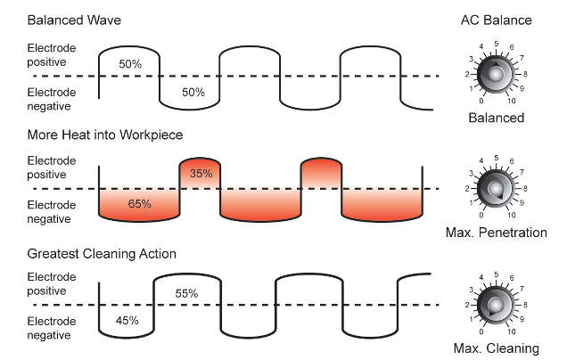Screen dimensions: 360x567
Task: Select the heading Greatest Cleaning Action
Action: pyautogui.click(x=101, y=254)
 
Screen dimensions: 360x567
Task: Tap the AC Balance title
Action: pyautogui.click(x=496, y=19)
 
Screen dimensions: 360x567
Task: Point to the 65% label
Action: pyautogui.click(x=140, y=204)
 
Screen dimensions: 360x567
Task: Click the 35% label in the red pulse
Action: pyautogui.click(x=201, y=173)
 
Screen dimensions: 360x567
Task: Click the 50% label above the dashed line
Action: pyautogui.click(x=130, y=65)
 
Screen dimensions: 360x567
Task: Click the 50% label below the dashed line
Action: pyautogui.click(x=193, y=92)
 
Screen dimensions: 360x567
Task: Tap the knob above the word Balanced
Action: pyautogui.click(x=496, y=74)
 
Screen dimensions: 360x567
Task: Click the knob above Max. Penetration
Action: pyautogui.click(x=496, y=189)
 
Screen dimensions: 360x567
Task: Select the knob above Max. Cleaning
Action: pyautogui.click(x=496, y=305)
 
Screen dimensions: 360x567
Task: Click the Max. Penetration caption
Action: pyautogui.click(x=496, y=233)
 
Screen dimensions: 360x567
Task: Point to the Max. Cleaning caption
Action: pyautogui.click(x=496, y=348)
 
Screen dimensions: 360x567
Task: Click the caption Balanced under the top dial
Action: pyautogui.click(x=496, y=117)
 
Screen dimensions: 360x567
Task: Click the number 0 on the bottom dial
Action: pyautogui.click(x=481, y=331)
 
